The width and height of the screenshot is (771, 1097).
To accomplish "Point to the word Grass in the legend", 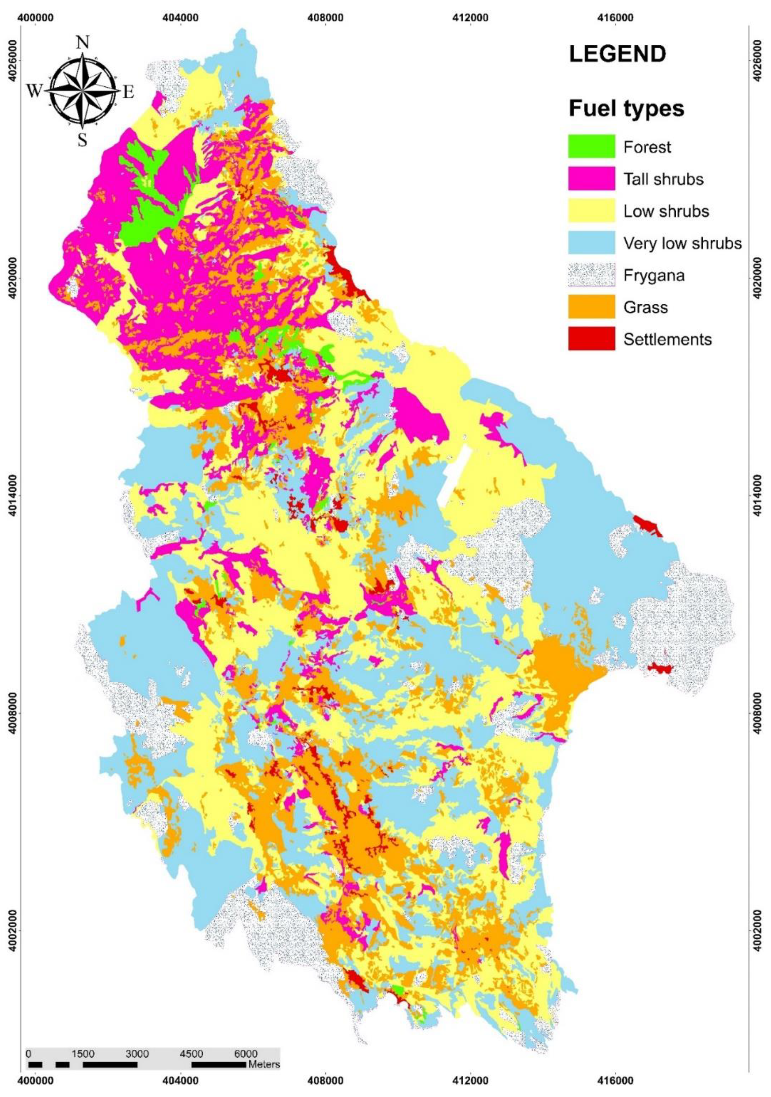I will (645, 307).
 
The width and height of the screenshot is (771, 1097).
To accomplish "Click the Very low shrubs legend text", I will (682, 243).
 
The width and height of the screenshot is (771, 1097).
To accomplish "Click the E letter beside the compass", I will (128, 92).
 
